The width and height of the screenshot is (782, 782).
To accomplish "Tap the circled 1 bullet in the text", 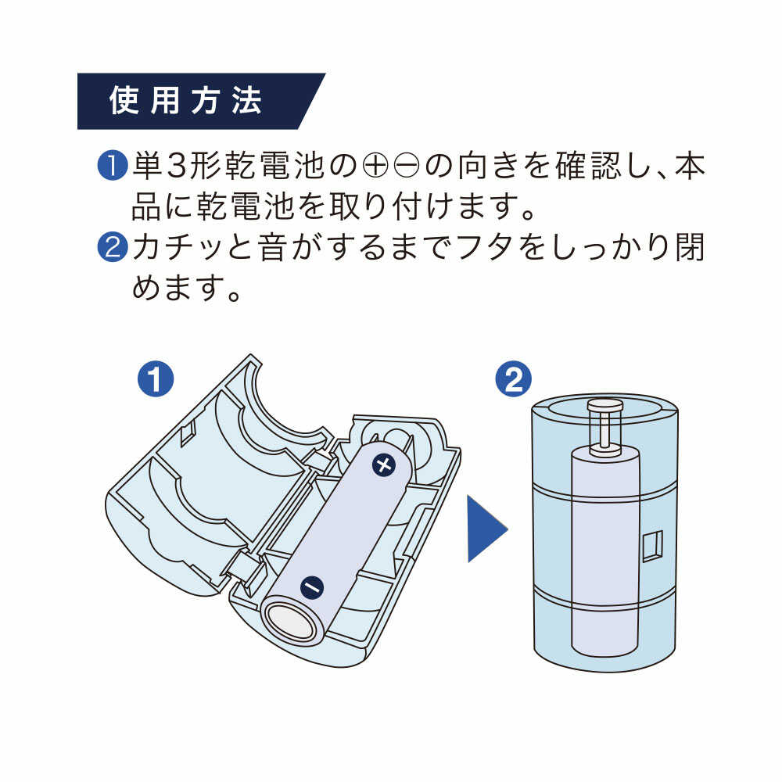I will [x=111, y=167].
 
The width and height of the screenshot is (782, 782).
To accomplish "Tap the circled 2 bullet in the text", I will [x=111, y=248].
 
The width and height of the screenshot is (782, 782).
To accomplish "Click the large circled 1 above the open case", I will [x=155, y=379].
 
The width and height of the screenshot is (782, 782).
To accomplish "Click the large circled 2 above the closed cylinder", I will [x=514, y=379].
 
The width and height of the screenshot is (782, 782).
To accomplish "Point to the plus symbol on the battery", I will [x=384, y=466].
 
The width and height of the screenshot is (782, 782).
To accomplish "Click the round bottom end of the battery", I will [x=292, y=622].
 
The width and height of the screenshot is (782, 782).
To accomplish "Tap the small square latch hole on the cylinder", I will [x=651, y=546].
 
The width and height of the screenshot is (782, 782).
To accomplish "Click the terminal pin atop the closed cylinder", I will [x=604, y=426].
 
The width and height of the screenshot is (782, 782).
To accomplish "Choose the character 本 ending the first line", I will [x=689, y=167].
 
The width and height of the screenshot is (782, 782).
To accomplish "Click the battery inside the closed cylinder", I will [x=604, y=555].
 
